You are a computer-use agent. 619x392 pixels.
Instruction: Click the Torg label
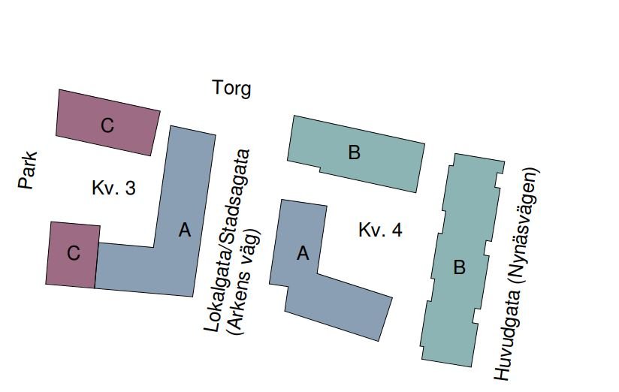(232, 89)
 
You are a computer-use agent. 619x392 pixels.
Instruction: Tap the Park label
(28, 170)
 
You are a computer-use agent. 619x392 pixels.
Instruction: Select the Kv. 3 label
(113, 188)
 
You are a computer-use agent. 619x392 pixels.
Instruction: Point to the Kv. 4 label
(380, 230)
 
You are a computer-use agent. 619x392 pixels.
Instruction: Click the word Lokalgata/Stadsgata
(226, 240)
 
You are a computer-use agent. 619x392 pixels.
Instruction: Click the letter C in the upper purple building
(107, 125)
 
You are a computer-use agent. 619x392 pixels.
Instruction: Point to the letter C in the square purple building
(73, 254)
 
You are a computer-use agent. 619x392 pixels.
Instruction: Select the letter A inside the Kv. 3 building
(185, 231)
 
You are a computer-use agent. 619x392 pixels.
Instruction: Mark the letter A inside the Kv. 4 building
(303, 254)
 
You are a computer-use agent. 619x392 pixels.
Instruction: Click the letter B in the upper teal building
(355, 153)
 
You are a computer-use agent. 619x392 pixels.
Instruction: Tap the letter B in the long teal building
(460, 267)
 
